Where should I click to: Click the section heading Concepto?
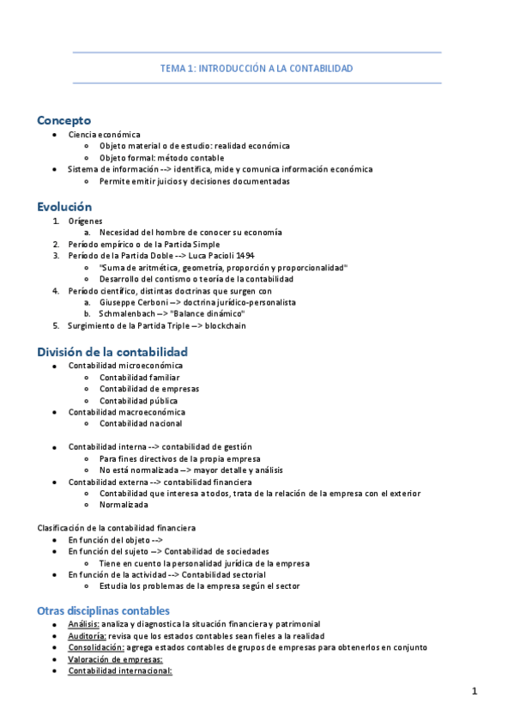[x=63, y=120]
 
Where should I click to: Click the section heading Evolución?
[x=64, y=207]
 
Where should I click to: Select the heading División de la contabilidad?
[x=112, y=352]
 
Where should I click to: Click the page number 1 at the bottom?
[x=474, y=691]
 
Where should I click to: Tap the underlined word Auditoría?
[x=87, y=635]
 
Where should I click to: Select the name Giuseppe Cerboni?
[x=132, y=302]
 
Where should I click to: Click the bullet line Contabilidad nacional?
[x=141, y=423]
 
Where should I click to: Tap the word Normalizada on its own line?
[x=124, y=505]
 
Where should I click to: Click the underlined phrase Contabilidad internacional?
[x=120, y=670]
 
